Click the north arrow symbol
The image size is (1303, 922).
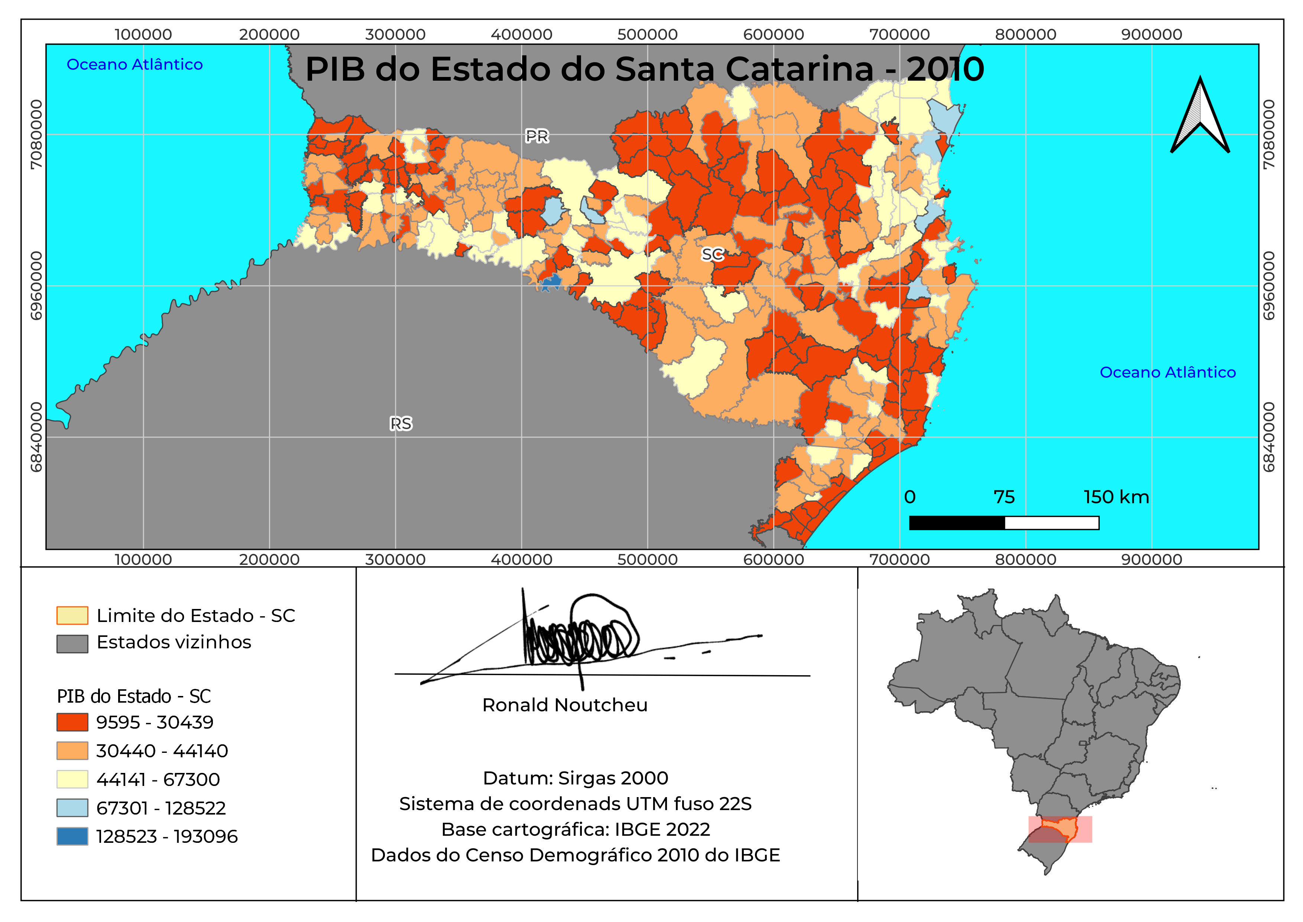pyautogui.click(x=1200, y=116)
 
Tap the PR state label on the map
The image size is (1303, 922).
pyautogui.click(x=537, y=136)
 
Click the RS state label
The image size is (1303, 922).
pyautogui.click(x=401, y=423)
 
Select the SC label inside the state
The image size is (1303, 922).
pyautogui.click(x=712, y=254)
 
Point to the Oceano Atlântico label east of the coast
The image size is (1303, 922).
pyautogui.click(x=1167, y=373)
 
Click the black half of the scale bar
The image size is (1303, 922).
pyautogui.click(x=957, y=523)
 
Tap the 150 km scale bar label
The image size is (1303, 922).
pyautogui.click(x=1116, y=497)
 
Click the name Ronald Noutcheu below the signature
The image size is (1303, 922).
pyautogui.click(x=565, y=705)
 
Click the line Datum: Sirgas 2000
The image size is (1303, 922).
pyautogui.click(x=576, y=778)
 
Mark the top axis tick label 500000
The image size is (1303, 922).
pyautogui.click(x=648, y=35)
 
